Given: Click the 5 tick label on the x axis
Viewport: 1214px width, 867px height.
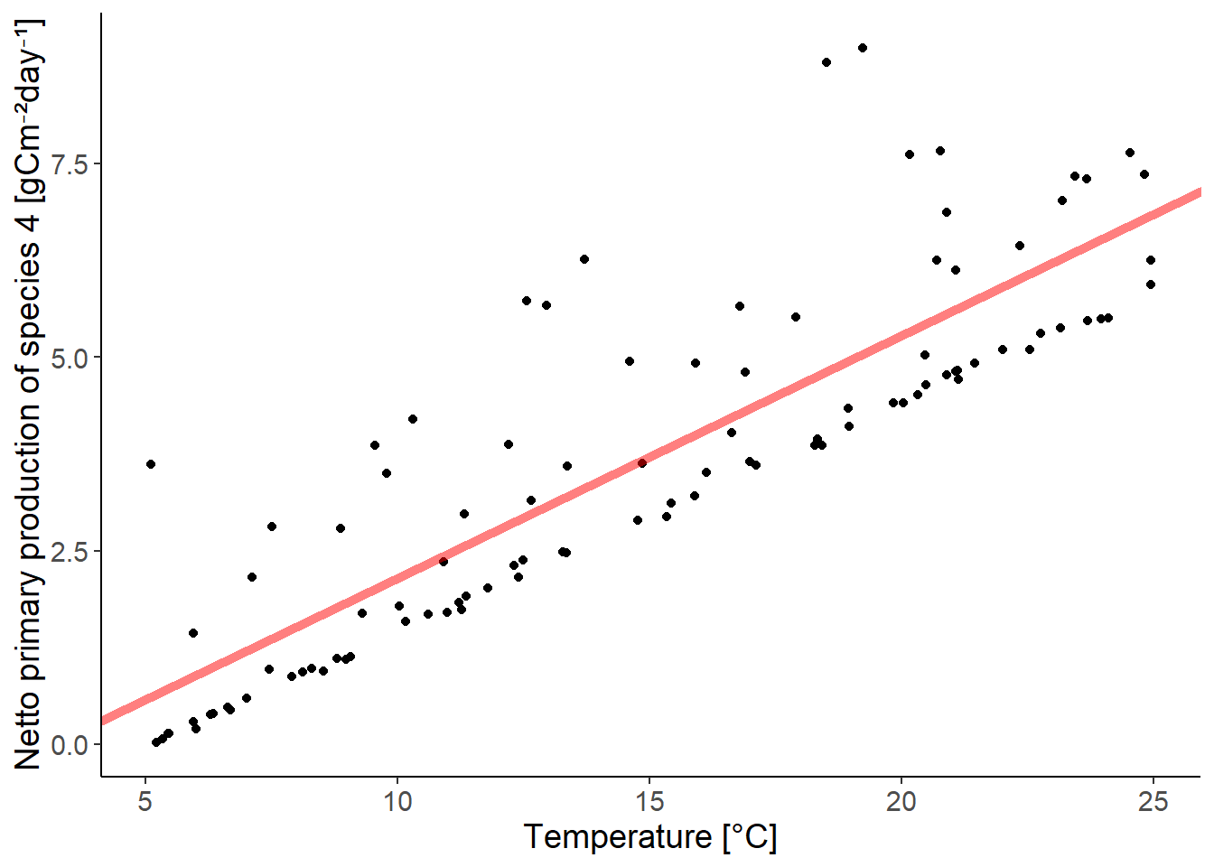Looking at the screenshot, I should coord(145,801).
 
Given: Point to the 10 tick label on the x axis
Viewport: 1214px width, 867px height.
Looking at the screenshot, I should coord(397,801).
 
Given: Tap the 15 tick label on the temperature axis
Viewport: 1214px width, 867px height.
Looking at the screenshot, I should coord(649,801).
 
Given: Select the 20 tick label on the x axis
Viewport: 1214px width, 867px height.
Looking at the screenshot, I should coord(901,801).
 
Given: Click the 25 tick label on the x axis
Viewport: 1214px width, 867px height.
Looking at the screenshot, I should coord(1153,801).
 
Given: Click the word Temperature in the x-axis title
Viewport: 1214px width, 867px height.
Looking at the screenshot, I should coord(617,837).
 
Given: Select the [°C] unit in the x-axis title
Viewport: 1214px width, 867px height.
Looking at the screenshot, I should coord(749,837).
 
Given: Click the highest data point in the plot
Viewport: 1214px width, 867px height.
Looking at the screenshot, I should coord(863,48).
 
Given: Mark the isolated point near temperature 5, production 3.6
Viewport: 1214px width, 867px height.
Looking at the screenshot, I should coord(151,464).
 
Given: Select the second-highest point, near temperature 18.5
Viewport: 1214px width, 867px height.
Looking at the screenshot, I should coord(826,62).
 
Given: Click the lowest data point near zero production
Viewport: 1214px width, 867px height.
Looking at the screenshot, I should coord(156,742).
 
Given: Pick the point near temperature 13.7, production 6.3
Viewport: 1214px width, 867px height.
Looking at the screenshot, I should coord(584,259).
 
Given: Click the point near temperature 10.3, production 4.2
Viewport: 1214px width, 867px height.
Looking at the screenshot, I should coord(413,419).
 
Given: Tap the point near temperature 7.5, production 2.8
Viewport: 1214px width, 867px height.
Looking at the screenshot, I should coord(272,527).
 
